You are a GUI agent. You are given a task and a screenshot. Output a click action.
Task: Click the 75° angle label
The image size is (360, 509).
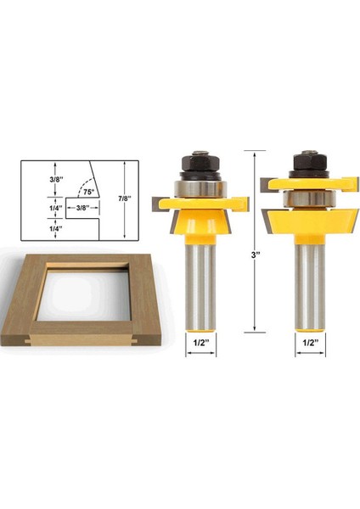point(88,192)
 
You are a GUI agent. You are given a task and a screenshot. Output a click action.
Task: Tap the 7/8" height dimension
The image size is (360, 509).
point(125,199)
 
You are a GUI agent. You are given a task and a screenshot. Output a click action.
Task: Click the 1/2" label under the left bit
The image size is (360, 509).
point(200,343)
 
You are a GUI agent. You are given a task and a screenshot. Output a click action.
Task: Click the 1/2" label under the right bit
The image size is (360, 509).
point(310,343)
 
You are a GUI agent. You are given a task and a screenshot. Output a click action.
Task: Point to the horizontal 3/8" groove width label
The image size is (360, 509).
point(82,208)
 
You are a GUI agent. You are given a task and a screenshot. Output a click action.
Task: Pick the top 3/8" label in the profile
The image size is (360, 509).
point(55,180)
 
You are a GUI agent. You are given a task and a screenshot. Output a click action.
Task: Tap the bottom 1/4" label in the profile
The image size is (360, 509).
point(55,228)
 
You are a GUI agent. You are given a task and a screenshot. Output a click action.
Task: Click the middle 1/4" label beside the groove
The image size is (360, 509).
point(55,208)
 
